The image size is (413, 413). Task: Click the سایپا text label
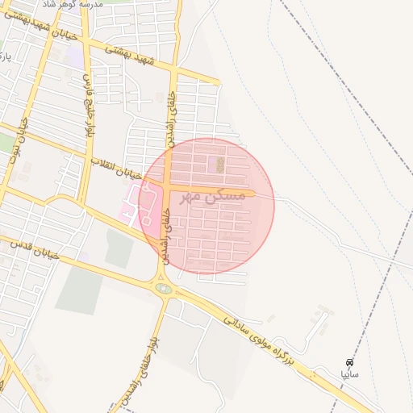[x=349, y=375]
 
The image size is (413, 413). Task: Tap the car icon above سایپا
[x=349, y=363]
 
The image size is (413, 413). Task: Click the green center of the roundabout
[x=164, y=288]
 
